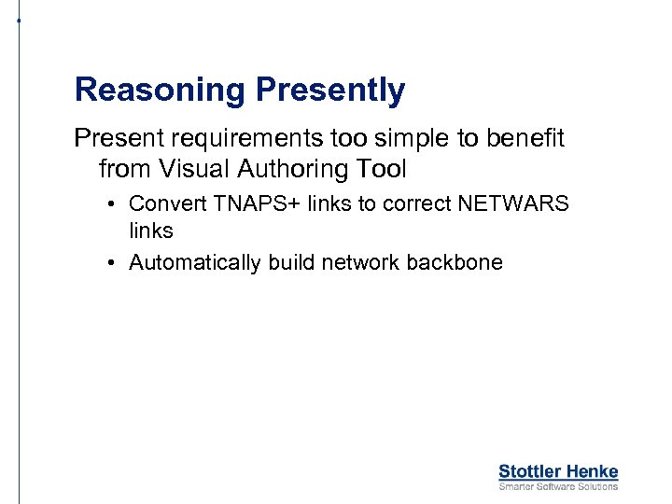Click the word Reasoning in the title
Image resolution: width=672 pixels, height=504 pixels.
(x=160, y=91)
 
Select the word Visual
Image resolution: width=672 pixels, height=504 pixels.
(x=196, y=169)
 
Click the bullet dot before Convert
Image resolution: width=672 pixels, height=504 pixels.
(x=110, y=203)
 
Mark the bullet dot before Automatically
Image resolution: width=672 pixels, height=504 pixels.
(x=110, y=263)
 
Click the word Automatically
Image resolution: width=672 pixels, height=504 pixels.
(x=195, y=263)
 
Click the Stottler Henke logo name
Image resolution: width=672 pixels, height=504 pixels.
(x=558, y=471)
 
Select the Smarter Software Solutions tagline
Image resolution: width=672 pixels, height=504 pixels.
(x=558, y=486)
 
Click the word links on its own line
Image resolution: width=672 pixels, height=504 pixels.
(x=151, y=230)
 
